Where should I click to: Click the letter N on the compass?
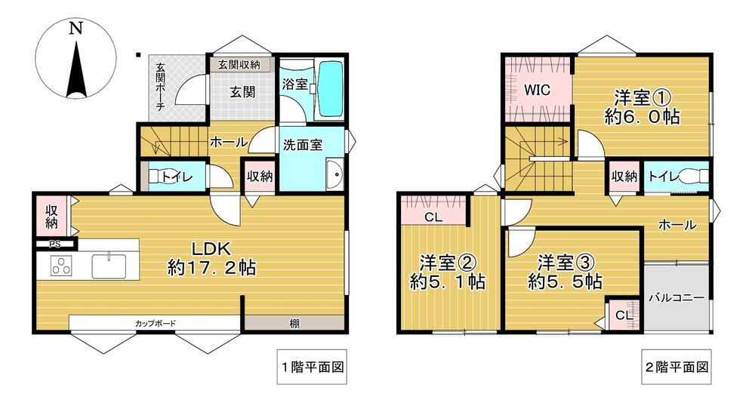click(75, 29)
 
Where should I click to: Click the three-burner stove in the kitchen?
click(62, 266)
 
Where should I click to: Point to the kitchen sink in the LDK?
click(109, 266)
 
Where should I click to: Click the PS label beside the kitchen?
click(55, 244)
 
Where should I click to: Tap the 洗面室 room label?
click(303, 144)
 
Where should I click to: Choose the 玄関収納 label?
click(239, 64)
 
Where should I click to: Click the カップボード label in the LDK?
click(155, 324)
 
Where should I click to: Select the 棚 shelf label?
click(294, 324)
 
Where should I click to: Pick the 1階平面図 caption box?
click(312, 367)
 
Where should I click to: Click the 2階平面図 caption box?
click(676, 367)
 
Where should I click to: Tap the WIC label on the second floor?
click(537, 90)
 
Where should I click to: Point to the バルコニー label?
click(676, 297)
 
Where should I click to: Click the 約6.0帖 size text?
click(642, 117)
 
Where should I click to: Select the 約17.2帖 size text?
click(211, 268)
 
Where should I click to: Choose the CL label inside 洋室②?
click(433, 217)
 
